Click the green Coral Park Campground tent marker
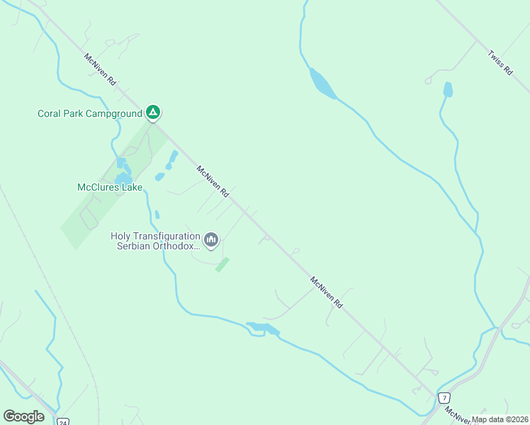[x=152, y=112]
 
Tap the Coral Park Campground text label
[x=89, y=113]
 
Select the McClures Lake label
[x=110, y=188]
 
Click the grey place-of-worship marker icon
[x=211, y=241]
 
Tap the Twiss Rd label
[x=500, y=62]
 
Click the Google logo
[x=23, y=416]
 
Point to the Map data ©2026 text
[x=500, y=419]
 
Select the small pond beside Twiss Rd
[x=447, y=89]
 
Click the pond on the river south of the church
[x=263, y=329]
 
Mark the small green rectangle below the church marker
[x=222, y=265]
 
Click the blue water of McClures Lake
[x=123, y=177]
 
